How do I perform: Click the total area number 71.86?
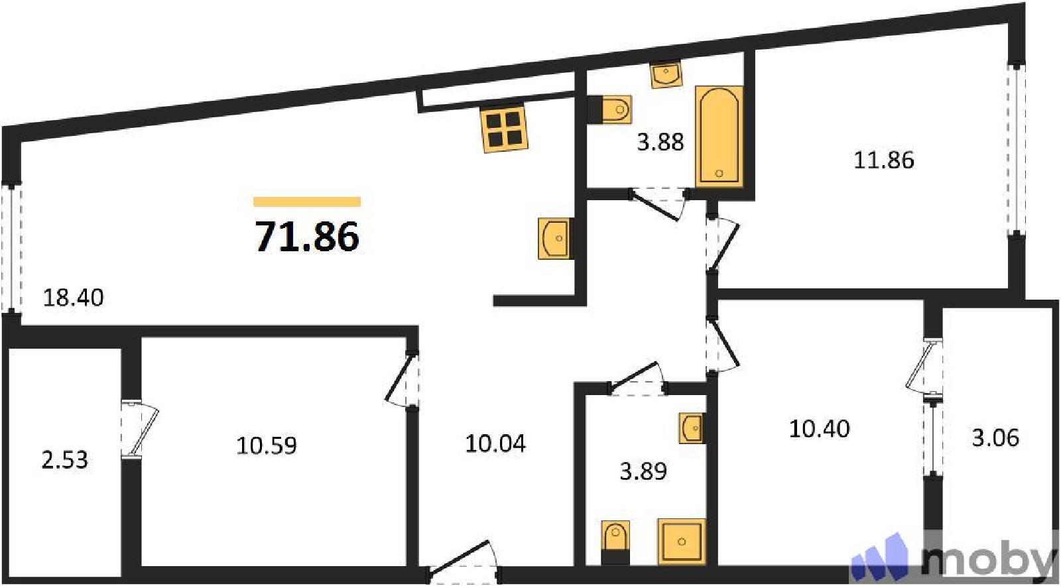tap(308, 237)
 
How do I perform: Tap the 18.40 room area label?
tap(74, 298)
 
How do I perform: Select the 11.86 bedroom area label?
tap(884, 160)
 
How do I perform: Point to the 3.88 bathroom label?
tap(660, 142)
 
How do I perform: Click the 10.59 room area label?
tap(267, 445)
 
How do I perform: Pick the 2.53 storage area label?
tap(65, 460)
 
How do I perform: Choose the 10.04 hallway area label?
tap(495, 444)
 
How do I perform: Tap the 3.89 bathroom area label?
tap(644, 471)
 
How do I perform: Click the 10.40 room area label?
tap(820, 429)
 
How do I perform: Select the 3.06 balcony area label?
tap(995, 438)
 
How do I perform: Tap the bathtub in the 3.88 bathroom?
tap(719, 135)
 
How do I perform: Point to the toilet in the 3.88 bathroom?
tap(610, 109)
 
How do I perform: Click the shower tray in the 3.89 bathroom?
tap(682, 542)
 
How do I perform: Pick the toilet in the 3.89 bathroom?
tap(615, 542)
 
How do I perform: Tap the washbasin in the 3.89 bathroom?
tap(692, 428)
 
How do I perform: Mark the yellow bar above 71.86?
tap(307, 202)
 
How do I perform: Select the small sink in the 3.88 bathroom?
tap(666, 74)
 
